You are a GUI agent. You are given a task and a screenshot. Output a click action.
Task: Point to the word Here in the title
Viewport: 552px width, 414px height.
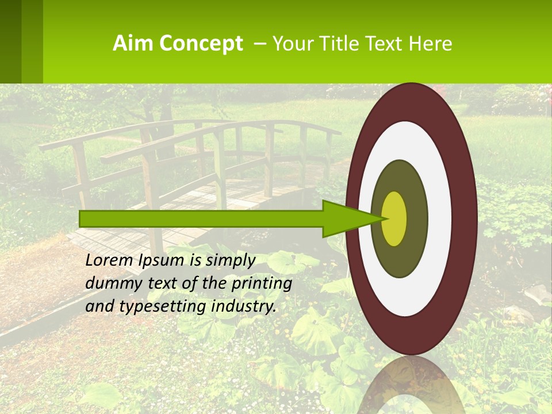point(432,44)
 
